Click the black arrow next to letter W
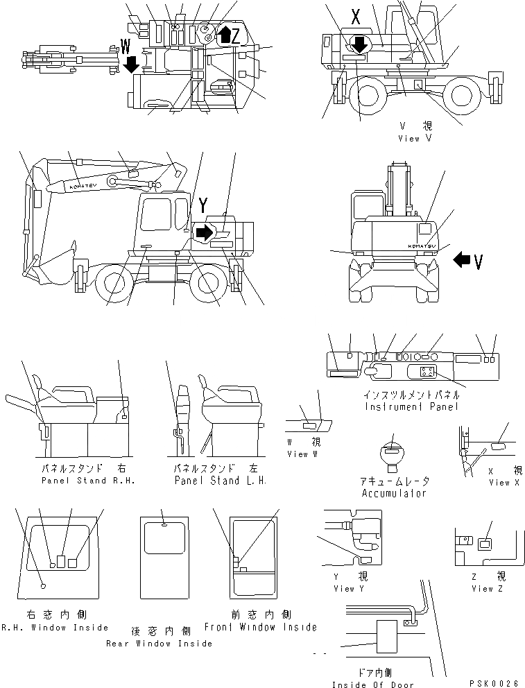[x=131, y=65]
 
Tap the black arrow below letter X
[x=359, y=44]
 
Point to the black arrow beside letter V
[x=461, y=260]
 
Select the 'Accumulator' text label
[x=393, y=493]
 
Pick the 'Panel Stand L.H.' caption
[x=219, y=481]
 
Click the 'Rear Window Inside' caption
[x=160, y=644]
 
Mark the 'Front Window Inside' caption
[x=260, y=627]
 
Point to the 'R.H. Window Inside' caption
[x=55, y=628]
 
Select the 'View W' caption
[x=304, y=454]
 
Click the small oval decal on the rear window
[x=164, y=525]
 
